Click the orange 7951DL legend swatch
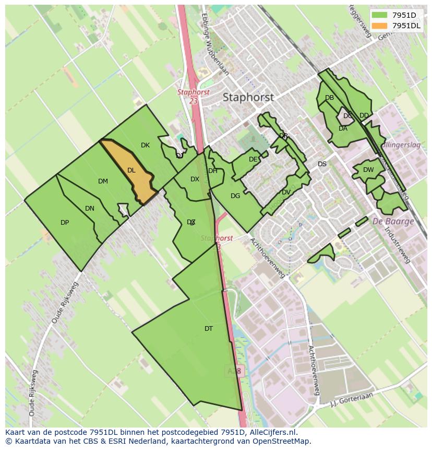tap(380, 26)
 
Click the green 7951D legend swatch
tap(380, 15)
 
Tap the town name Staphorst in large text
tap(248, 97)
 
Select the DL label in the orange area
tap(131, 170)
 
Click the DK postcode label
tap(145, 145)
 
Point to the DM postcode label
tap(103, 181)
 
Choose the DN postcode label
tap(90, 209)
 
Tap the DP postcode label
tap(65, 223)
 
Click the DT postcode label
tap(209, 329)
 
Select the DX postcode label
tap(195, 179)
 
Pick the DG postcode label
tap(235, 196)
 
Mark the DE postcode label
tap(253, 159)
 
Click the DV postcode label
tap(286, 192)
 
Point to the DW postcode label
tap(368, 170)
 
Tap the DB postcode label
tap(329, 98)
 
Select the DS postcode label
tap(322, 164)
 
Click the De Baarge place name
tap(393, 221)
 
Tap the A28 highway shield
tap(234, 371)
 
